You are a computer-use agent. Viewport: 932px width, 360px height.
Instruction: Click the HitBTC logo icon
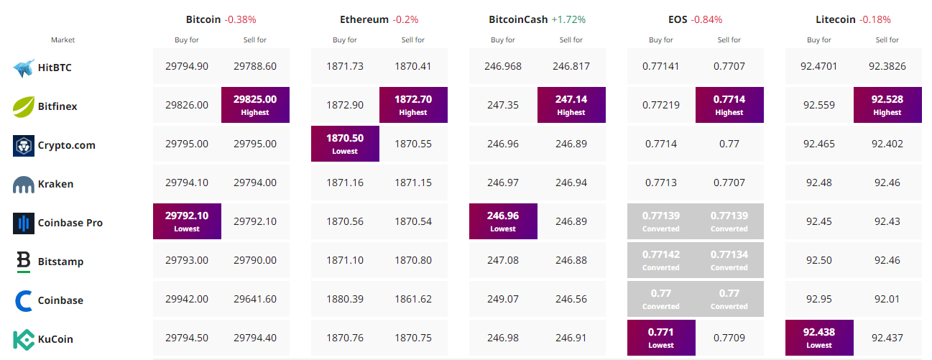(24, 68)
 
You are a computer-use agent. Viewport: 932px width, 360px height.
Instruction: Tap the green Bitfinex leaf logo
(24, 106)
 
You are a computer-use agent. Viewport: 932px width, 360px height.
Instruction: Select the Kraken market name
(55, 184)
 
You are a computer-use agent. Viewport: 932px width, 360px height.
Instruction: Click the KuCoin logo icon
(24, 339)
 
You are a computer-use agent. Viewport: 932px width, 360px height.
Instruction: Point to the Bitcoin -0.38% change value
(241, 19)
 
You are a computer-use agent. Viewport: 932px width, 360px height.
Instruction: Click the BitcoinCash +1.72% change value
(568, 19)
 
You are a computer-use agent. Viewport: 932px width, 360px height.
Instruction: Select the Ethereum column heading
(364, 19)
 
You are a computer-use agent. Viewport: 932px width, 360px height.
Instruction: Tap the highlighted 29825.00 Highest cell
(255, 105)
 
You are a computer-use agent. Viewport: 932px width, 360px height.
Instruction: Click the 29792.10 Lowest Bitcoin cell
(187, 221)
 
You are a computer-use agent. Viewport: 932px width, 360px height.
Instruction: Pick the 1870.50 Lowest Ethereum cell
(345, 144)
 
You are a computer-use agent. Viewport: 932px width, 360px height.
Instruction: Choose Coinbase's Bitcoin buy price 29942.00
(187, 299)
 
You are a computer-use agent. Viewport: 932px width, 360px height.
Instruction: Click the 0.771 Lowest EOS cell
(661, 338)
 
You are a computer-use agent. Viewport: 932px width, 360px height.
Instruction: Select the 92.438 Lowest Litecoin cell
(819, 338)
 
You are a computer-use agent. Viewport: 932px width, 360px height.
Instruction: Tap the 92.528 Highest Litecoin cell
(887, 105)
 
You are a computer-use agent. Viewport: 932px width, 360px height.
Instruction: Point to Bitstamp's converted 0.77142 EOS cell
(661, 260)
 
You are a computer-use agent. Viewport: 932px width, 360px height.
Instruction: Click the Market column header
(63, 40)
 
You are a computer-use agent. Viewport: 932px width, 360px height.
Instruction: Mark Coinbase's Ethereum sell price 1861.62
(413, 299)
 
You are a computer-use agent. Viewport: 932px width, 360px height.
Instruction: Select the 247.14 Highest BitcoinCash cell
(571, 105)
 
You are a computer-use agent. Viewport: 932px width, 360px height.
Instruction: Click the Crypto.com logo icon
(24, 146)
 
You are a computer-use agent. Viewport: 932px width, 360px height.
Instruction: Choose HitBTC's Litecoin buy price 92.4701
(819, 66)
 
